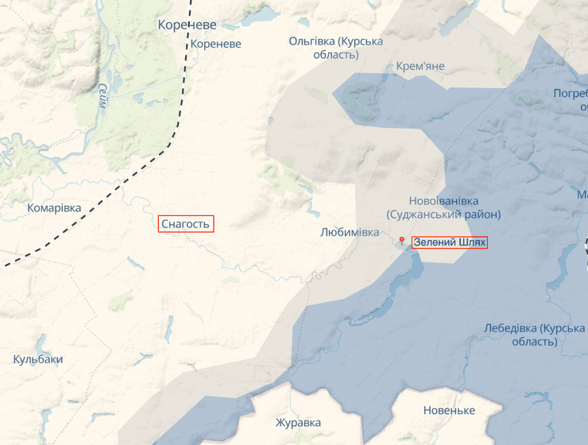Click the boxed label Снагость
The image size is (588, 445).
pos(185,224)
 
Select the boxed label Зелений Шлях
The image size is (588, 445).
pos(449,242)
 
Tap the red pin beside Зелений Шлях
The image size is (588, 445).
pos(402,241)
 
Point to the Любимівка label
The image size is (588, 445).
pos(350,232)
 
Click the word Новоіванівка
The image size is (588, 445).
pos(443,200)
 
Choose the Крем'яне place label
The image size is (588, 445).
pos(420,66)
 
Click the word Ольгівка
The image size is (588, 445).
pos(311,41)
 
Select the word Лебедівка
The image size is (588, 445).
pos(510,328)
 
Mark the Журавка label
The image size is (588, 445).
pos(298,422)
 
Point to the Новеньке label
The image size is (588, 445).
pos(449,410)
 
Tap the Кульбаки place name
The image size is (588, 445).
pos(37,359)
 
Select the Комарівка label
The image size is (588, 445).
pos(54,208)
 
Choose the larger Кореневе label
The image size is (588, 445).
pos(187,25)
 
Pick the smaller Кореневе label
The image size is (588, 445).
pos(215,44)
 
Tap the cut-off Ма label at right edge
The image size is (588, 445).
pos(582,195)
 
